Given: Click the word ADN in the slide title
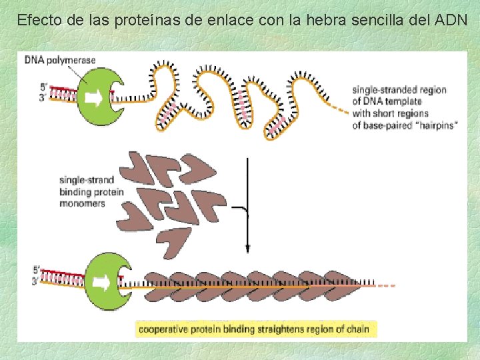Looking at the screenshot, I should (451, 20).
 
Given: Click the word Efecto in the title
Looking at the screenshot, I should (37, 20).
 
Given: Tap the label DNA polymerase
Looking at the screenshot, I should (60, 60).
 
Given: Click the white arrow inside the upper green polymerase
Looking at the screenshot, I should (95, 99).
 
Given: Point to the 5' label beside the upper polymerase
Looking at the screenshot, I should (44, 87).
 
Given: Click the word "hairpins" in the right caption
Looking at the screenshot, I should (435, 125).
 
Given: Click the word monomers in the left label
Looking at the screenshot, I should (83, 203).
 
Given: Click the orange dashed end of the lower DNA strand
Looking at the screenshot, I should (386, 285).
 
